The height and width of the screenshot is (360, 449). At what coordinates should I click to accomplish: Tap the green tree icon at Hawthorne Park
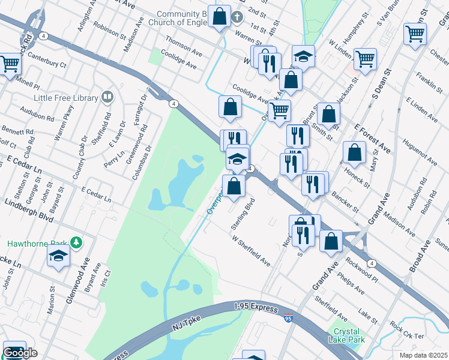tap(76, 242)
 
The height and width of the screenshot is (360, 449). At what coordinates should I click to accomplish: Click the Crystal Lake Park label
tap(344, 335)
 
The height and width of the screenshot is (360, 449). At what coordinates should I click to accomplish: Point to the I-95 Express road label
tap(256, 308)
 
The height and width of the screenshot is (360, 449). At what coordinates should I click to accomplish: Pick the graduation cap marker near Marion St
tap(58, 256)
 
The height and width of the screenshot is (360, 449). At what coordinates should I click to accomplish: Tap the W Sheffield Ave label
tap(251, 250)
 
